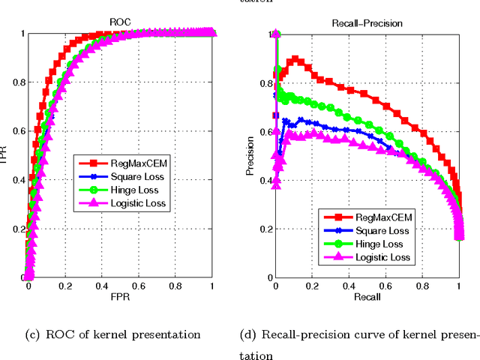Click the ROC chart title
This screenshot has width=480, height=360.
point(121,23)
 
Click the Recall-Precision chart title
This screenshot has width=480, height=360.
point(367,23)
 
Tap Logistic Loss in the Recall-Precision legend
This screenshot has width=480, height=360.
point(384,258)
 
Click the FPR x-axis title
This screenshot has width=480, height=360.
point(120,298)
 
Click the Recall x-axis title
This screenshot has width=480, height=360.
point(367,298)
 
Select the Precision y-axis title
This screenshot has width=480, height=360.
point(250,155)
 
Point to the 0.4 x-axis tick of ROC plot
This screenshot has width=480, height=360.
point(102,286)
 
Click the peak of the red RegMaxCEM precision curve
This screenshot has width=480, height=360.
point(295,58)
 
